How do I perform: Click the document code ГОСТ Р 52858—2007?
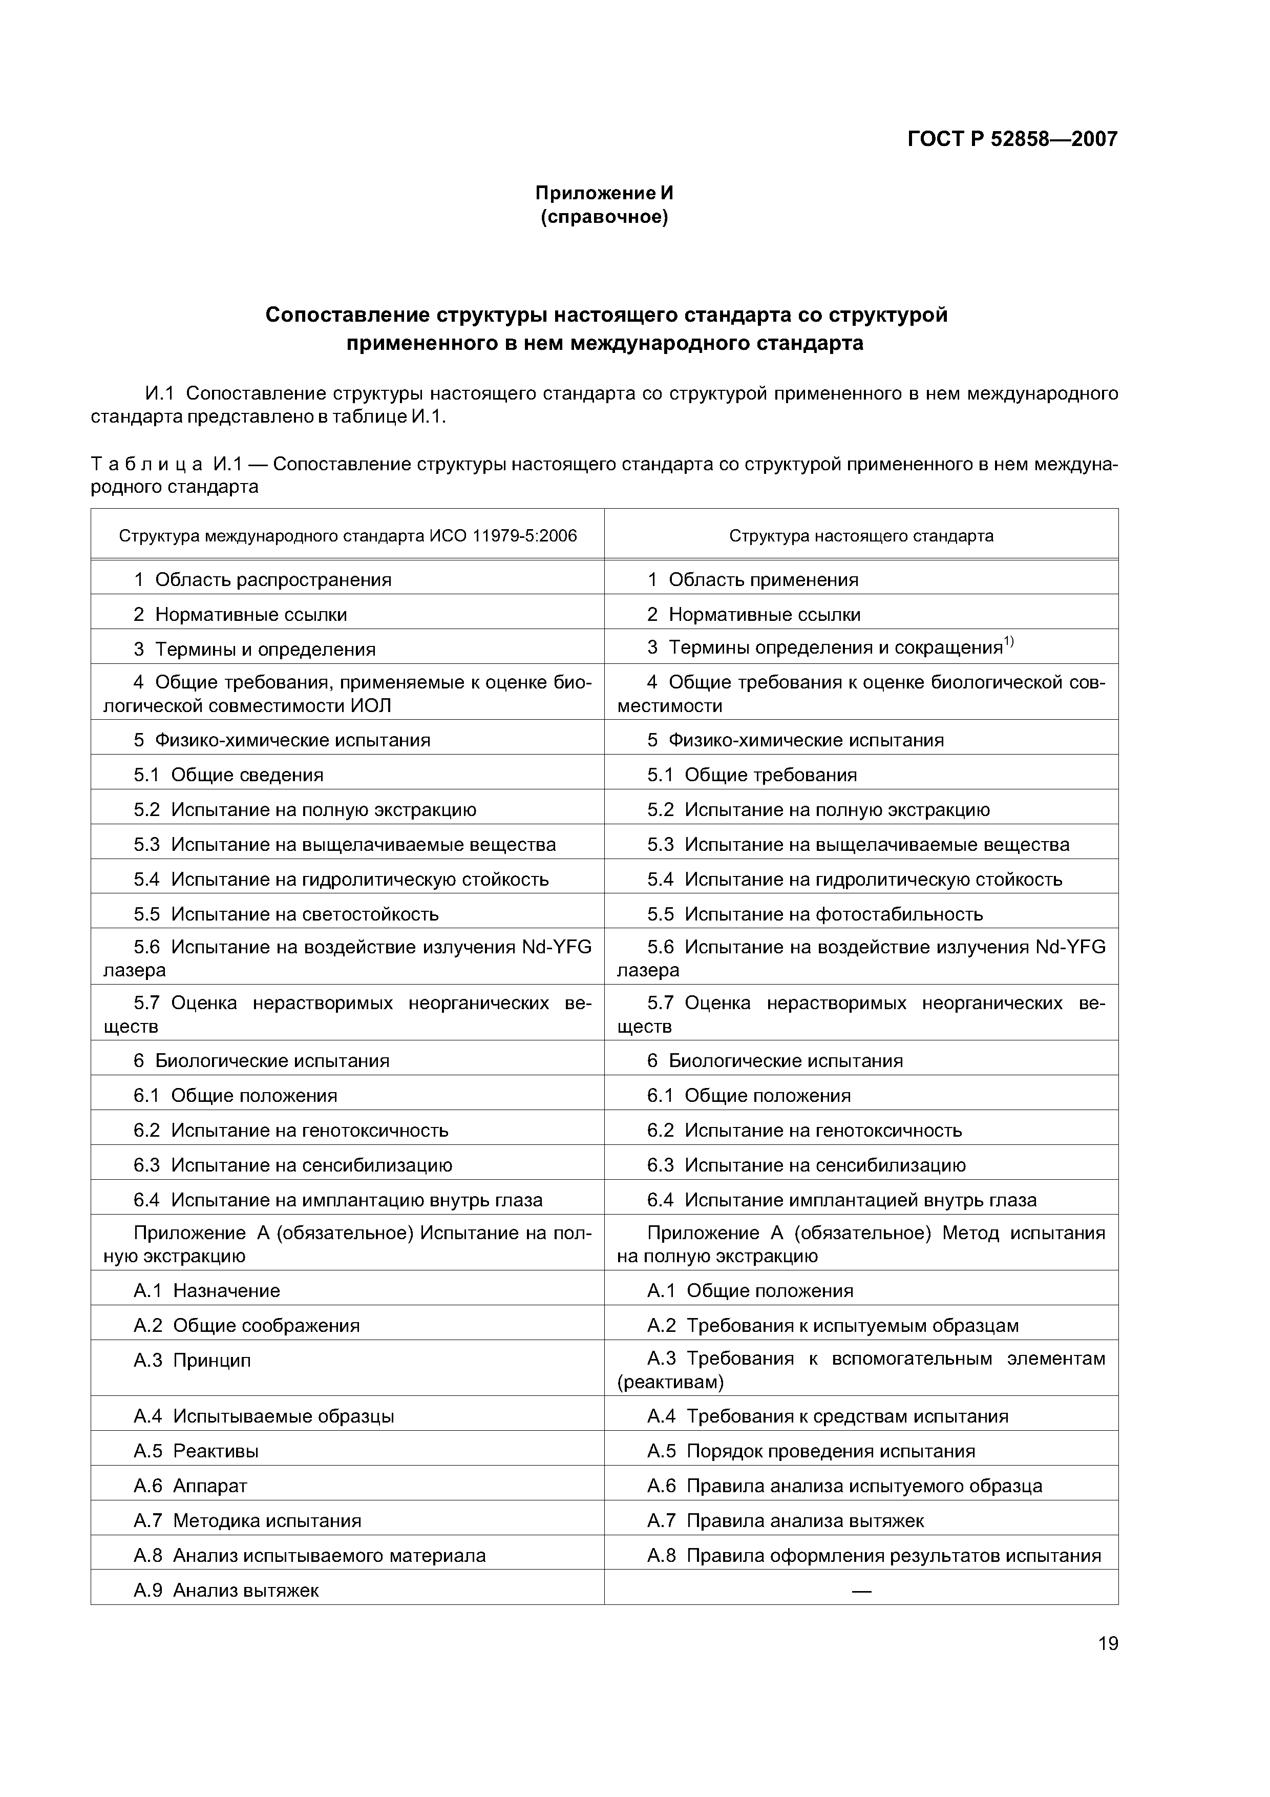[x=1012, y=139]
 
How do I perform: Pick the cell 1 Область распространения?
[x=262, y=580]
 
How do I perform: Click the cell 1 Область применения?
[x=753, y=580]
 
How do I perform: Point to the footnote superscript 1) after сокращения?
[x=1009, y=642]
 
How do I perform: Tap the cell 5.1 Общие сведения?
[x=228, y=775]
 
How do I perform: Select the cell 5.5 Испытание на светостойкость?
[x=286, y=914]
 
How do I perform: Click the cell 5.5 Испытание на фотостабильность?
[x=815, y=914]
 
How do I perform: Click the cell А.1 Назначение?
[x=206, y=1290]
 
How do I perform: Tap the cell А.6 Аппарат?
[x=190, y=1486]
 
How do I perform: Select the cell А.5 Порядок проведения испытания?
[x=811, y=1451]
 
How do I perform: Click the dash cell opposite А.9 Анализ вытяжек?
[x=861, y=1591]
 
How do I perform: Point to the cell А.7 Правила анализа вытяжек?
[x=785, y=1521]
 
